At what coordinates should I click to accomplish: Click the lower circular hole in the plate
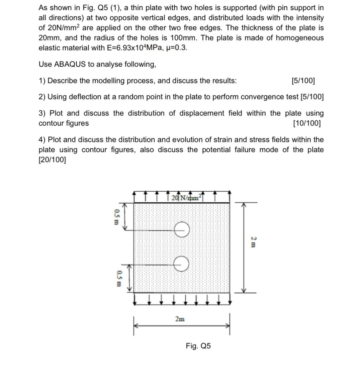pyautogui.click(x=182, y=264)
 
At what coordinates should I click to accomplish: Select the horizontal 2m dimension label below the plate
pyautogui.click(x=180, y=319)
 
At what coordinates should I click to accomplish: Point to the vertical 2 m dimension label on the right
pyautogui.click(x=253, y=242)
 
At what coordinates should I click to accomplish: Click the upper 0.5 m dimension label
pyautogui.click(x=116, y=217)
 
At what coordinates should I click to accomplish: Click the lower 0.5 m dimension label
pyautogui.click(x=118, y=279)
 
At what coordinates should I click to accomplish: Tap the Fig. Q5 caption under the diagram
pyautogui.click(x=198, y=346)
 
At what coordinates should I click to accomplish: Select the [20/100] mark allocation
pyautogui.click(x=52, y=160)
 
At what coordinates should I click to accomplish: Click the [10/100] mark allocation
pyautogui.click(x=306, y=123)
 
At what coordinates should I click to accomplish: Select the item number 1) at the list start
pyautogui.click(x=42, y=81)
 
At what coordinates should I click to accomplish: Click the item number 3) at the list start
pyautogui.click(x=42, y=113)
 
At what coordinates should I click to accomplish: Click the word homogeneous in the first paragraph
pyautogui.click(x=300, y=37)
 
